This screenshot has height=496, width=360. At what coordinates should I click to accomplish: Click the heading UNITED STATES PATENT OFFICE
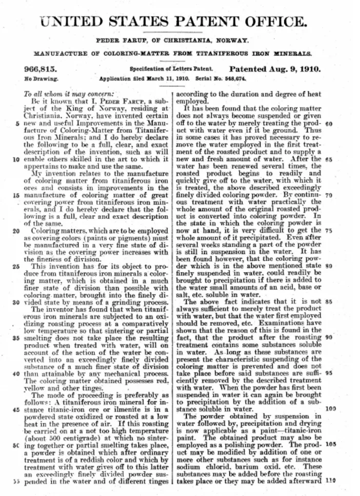(x=174, y=22)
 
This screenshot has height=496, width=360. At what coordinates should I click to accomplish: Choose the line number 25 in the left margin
(x=17, y=266)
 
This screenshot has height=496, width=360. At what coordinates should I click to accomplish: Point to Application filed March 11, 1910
(x=144, y=79)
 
